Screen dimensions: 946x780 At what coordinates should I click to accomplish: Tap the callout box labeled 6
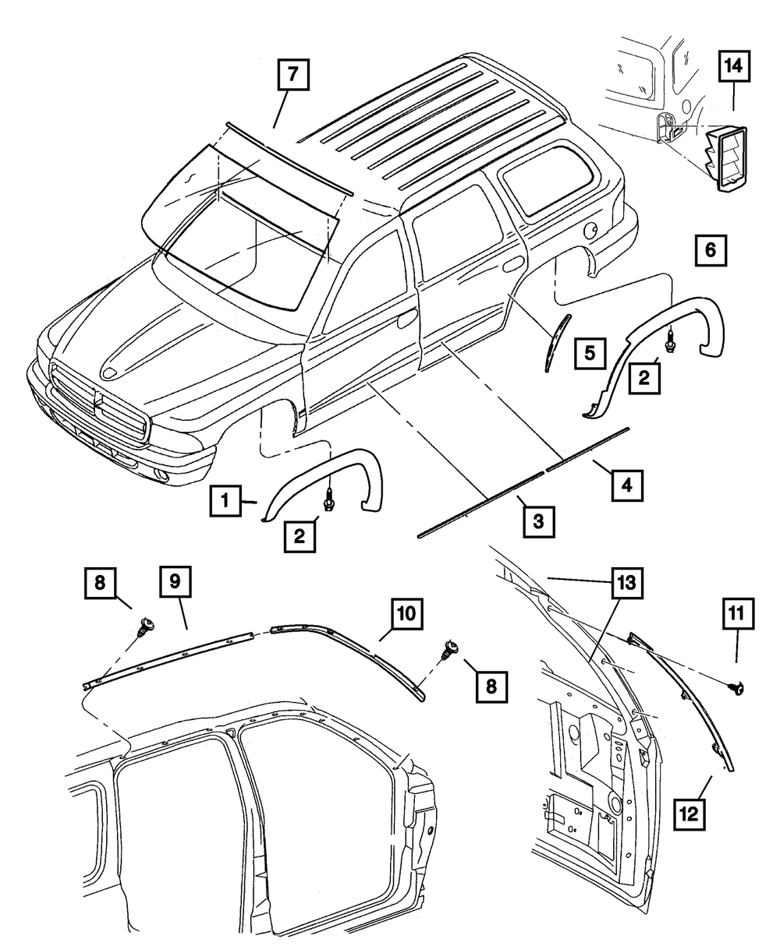(709, 251)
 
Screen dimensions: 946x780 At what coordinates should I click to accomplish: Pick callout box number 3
(538, 520)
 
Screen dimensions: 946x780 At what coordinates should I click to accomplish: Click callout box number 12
(689, 816)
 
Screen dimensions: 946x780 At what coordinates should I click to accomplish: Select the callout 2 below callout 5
(643, 378)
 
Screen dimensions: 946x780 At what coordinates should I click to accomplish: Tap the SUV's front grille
(100, 404)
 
